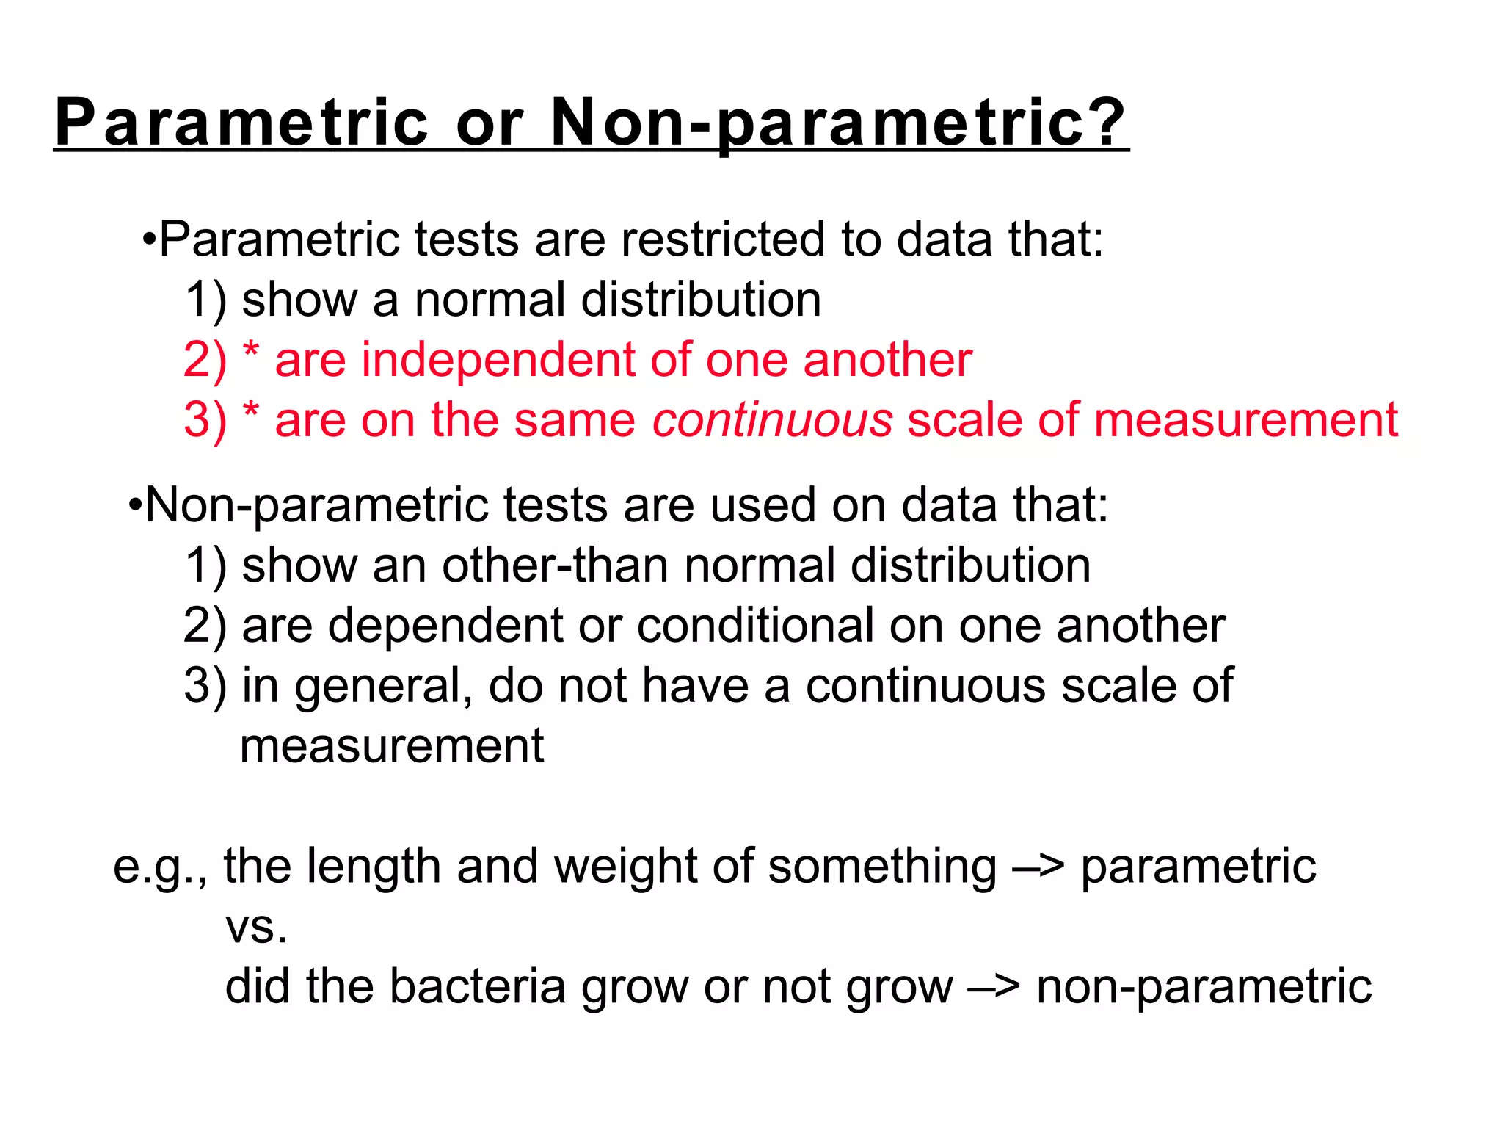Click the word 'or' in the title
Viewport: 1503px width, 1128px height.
point(490,123)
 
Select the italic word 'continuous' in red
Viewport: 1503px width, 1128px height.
point(773,420)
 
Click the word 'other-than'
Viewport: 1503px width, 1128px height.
point(556,565)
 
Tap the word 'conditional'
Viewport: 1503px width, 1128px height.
point(755,626)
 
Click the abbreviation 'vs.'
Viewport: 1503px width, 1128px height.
point(256,928)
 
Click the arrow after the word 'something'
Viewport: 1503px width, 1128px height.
point(1038,867)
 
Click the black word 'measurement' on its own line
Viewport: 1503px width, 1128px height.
point(392,746)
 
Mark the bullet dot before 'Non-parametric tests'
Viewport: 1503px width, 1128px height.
point(134,506)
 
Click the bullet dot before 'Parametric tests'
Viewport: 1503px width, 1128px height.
point(149,239)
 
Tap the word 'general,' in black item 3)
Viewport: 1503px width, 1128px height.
point(384,687)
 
